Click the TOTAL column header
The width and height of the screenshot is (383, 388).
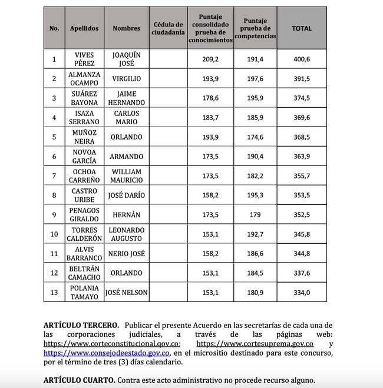pos(302,28)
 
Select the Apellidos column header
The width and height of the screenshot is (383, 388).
pos(84,28)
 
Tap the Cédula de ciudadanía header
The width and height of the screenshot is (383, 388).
pos(168,28)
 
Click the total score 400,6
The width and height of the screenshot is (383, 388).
pos(302,59)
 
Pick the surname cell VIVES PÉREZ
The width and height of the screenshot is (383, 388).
pos(84,59)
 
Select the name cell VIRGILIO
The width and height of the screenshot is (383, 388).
pos(127,78)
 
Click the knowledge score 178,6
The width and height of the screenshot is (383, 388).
pos(210,98)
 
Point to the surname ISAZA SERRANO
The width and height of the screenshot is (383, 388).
pos(84,117)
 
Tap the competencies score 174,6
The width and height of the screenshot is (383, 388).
pos(255,137)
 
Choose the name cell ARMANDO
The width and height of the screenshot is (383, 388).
pos(127,156)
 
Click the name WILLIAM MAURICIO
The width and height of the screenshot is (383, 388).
pos(127,175)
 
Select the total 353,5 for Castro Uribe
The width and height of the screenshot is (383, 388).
pos(302,195)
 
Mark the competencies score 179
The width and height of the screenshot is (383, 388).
pos(255,214)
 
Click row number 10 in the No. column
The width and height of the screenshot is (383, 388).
pos(54,234)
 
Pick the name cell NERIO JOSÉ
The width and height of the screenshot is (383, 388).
pos(127,253)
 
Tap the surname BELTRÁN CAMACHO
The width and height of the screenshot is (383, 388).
pos(84,273)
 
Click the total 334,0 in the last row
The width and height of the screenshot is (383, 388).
pos(302,292)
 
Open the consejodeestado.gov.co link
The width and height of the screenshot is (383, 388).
pos(107,353)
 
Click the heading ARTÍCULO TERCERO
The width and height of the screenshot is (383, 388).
pos(81,325)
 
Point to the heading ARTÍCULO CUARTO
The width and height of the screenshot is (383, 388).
pos(79,380)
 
